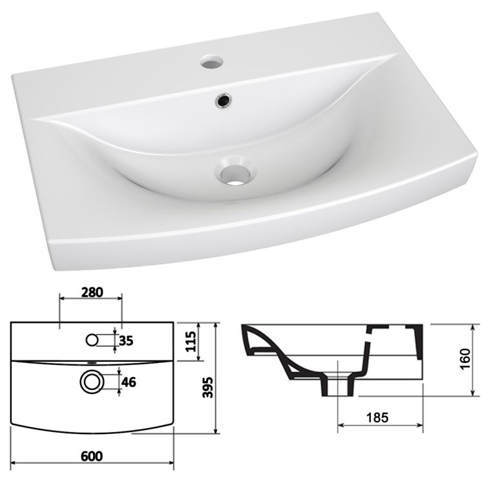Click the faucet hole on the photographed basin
pos(210,64)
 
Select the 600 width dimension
pos(91,456)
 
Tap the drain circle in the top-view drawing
pos(91,381)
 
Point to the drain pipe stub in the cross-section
pos(338,387)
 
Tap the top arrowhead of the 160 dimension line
pos(475,325)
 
